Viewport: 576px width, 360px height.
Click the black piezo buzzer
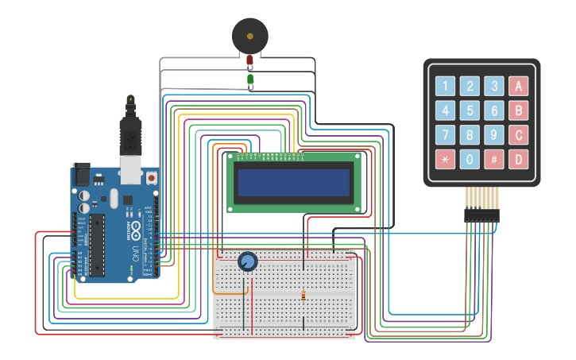pyautogui.click(x=250, y=36)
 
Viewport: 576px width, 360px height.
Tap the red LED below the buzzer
pyautogui.click(x=249, y=60)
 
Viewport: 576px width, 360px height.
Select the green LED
pyautogui.click(x=250, y=79)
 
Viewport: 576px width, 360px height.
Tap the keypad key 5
pyautogui.click(x=470, y=110)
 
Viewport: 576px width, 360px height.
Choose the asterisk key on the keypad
pyautogui.click(x=446, y=159)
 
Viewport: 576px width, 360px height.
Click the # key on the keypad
pyautogui.click(x=494, y=159)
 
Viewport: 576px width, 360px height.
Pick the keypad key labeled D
pyautogui.click(x=519, y=159)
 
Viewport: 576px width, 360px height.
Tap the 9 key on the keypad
pyautogui.click(x=494, y=135)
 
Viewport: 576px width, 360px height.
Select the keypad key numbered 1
pyautogui.click(x=446, y=87)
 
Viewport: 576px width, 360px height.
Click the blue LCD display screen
pyautogui.click(x=293, y=182)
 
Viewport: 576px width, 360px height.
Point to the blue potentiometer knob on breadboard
pyautogui.click(x=247, y=261)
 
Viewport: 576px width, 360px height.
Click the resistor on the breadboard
pyautogui.click(x=303, y=296)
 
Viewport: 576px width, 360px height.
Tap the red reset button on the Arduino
pyautogui.click(x=151, y=177)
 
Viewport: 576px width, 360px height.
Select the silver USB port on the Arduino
pyautogui.click(x=130, y=167)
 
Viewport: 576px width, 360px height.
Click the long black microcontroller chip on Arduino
pyautogui.click(x=96, y=242)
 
